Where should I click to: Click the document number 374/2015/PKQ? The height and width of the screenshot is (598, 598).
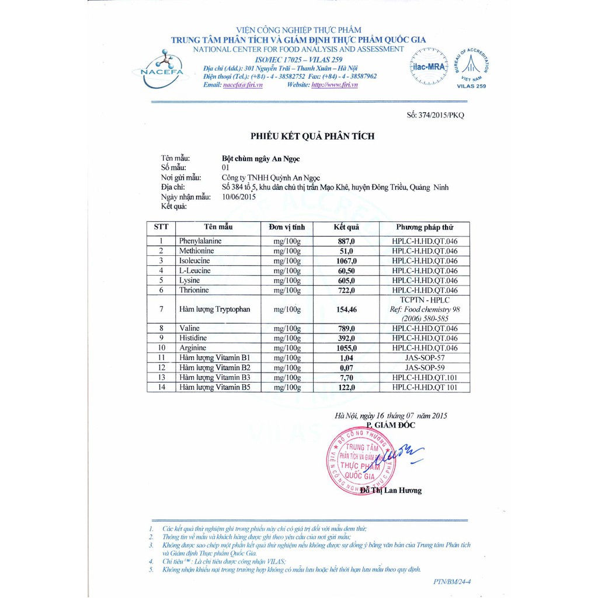pos(436,116)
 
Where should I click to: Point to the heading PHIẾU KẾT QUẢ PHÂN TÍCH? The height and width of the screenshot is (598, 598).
pos(312,136)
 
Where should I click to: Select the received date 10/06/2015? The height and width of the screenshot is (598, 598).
pos(239,197)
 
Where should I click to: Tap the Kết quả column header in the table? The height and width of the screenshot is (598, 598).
pos(346,227)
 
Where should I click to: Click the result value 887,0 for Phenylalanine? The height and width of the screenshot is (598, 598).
pos(346,241)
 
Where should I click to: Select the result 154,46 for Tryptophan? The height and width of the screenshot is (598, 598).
pos(346,310)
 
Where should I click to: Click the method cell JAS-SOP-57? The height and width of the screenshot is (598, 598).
pos(424,358)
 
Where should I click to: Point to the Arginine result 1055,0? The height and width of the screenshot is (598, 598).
pos(346,348)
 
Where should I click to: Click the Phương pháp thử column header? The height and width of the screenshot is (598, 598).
pos(424,227)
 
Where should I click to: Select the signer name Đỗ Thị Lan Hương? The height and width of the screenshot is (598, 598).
pos(391,490)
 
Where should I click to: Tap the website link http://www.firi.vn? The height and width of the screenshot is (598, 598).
pos(335,85)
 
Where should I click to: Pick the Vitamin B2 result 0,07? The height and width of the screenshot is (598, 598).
pos(346,368)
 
